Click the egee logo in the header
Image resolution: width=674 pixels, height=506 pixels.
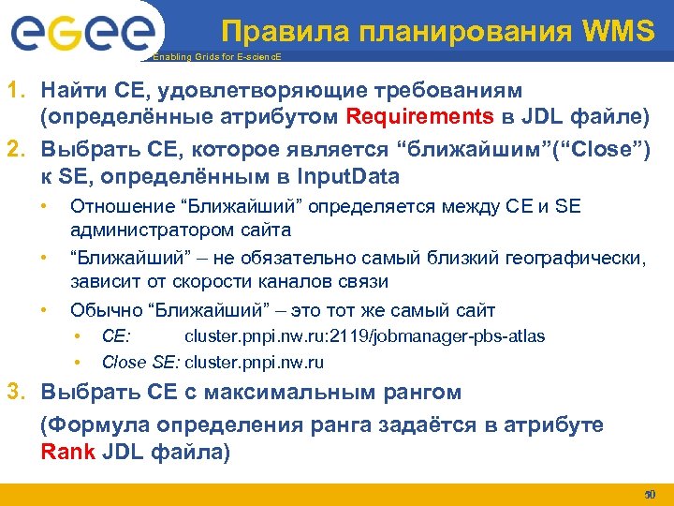click(x=81, y=33)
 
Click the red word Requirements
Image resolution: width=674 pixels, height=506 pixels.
click(x=420, y=116)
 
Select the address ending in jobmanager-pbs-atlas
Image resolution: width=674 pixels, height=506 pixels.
click(x=365, y=335)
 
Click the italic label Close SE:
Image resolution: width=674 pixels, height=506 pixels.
click(x=140, y=361)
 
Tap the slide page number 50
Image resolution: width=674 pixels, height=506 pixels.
click(x=651, y=494)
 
